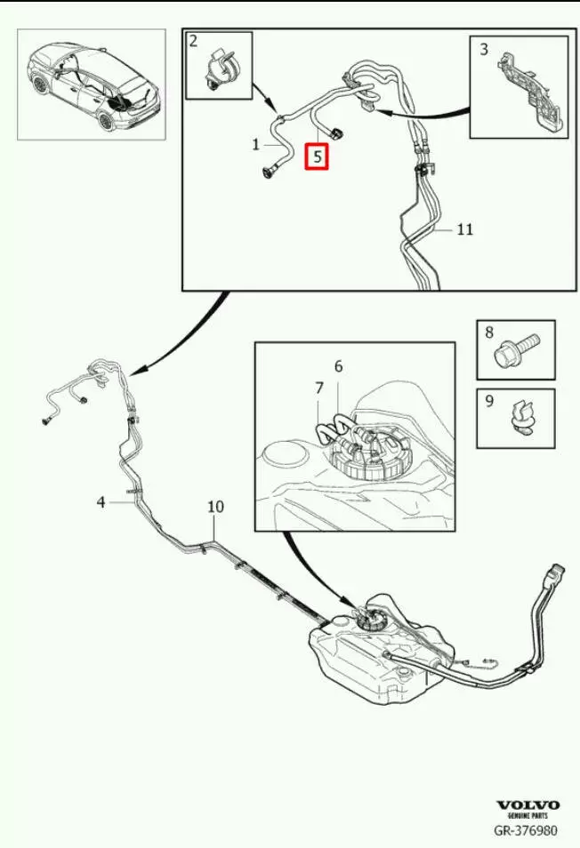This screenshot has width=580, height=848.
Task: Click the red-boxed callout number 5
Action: coord(317,156)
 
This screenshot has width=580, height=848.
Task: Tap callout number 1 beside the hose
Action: coord(256,144)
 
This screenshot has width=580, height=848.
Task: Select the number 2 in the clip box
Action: coord(194,41)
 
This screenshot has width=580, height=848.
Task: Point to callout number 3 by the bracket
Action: coord(484,49)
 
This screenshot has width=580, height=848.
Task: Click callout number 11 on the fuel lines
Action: coord(464,229)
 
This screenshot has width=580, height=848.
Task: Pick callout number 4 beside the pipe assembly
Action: coord(101,502)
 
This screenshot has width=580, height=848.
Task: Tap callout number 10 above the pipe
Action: coord(215,507)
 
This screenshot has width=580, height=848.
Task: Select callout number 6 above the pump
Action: coord(338,367)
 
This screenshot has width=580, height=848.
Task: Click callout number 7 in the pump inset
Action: coord(319,388)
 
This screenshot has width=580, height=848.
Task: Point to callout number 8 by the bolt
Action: coord(489,332)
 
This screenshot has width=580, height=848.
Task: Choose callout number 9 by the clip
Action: coord(489,401)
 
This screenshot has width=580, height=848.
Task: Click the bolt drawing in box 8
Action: coord(518,349)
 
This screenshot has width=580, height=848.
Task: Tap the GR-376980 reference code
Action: coord(525,830)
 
